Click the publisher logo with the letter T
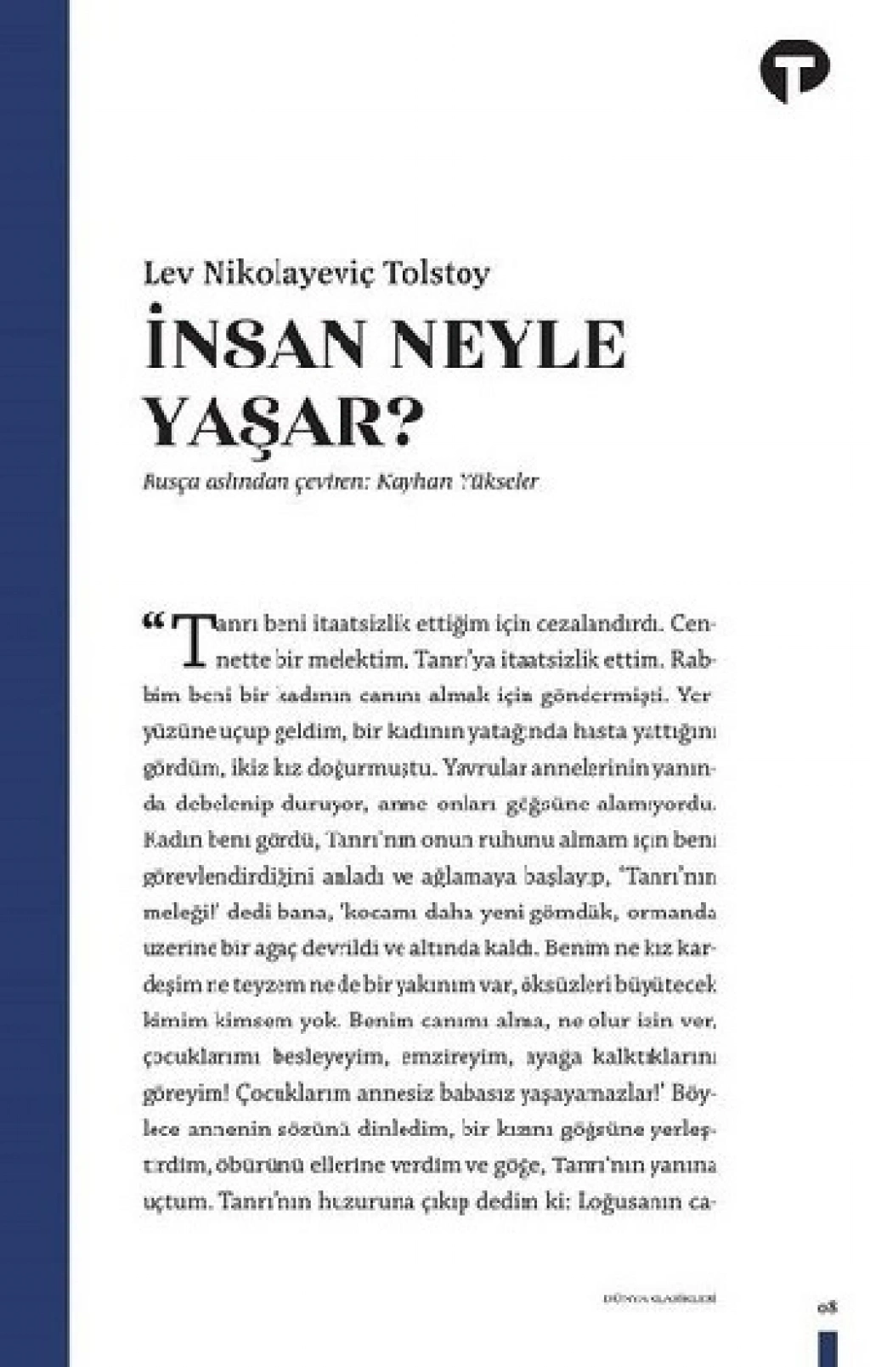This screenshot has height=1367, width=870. point(794,71)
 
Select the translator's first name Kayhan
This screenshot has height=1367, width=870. point(412,482)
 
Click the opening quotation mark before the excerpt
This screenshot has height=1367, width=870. point(155,624)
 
